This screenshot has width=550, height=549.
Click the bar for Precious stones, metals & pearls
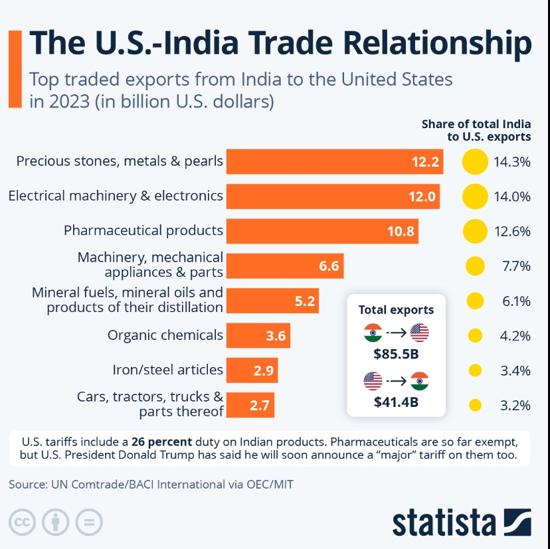334,161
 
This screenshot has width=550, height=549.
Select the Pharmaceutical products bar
322,231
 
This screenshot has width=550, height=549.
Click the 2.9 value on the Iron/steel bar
264,370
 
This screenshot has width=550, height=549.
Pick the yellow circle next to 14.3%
475,161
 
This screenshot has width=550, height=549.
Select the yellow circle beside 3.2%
475,405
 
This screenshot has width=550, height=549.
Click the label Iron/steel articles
168,370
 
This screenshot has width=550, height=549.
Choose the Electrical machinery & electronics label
116,196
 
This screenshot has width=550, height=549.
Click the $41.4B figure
396,402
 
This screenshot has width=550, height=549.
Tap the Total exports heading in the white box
396,309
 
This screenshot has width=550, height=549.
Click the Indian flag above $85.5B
373,333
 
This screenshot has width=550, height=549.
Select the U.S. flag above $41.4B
373,381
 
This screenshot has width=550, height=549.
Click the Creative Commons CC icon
23,522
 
